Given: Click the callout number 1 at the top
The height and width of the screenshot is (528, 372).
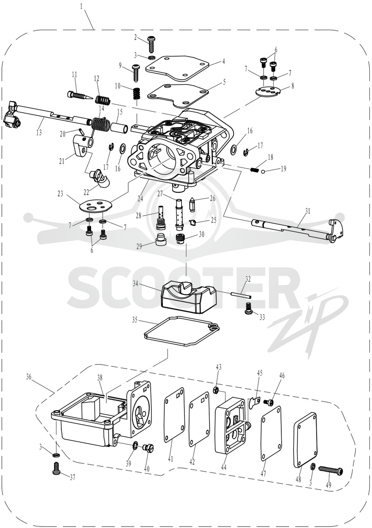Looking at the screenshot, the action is point(82,7).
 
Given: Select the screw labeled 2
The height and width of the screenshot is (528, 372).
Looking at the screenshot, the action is point(151,44).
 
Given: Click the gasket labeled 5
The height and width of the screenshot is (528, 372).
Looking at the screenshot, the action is point(178,94).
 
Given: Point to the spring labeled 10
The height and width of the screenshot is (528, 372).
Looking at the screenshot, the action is point(137,93).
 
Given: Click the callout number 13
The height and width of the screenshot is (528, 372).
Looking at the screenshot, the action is point(39,132).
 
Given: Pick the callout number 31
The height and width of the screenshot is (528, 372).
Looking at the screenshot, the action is point(307,211).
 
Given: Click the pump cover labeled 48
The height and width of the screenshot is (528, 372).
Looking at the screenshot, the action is point(305,440).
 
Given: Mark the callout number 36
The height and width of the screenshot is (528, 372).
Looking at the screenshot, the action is point(29,376).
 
